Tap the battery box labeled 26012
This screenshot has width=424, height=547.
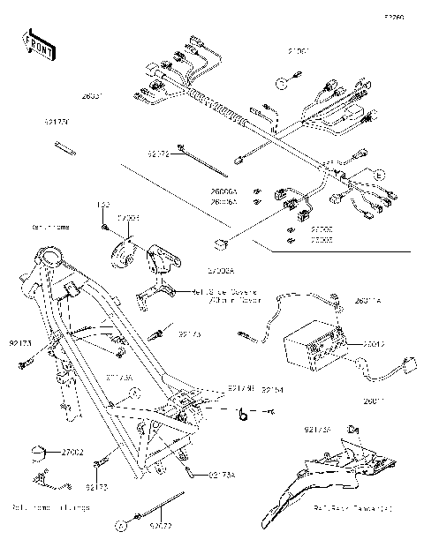click(x=310, y=346)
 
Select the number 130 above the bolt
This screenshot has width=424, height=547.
click(x=102, y=205)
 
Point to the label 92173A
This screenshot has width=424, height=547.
click(x=222, y=476)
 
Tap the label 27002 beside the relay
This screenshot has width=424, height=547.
click(x=72, y=452)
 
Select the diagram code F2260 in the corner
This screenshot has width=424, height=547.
click(x=393, y=16)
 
